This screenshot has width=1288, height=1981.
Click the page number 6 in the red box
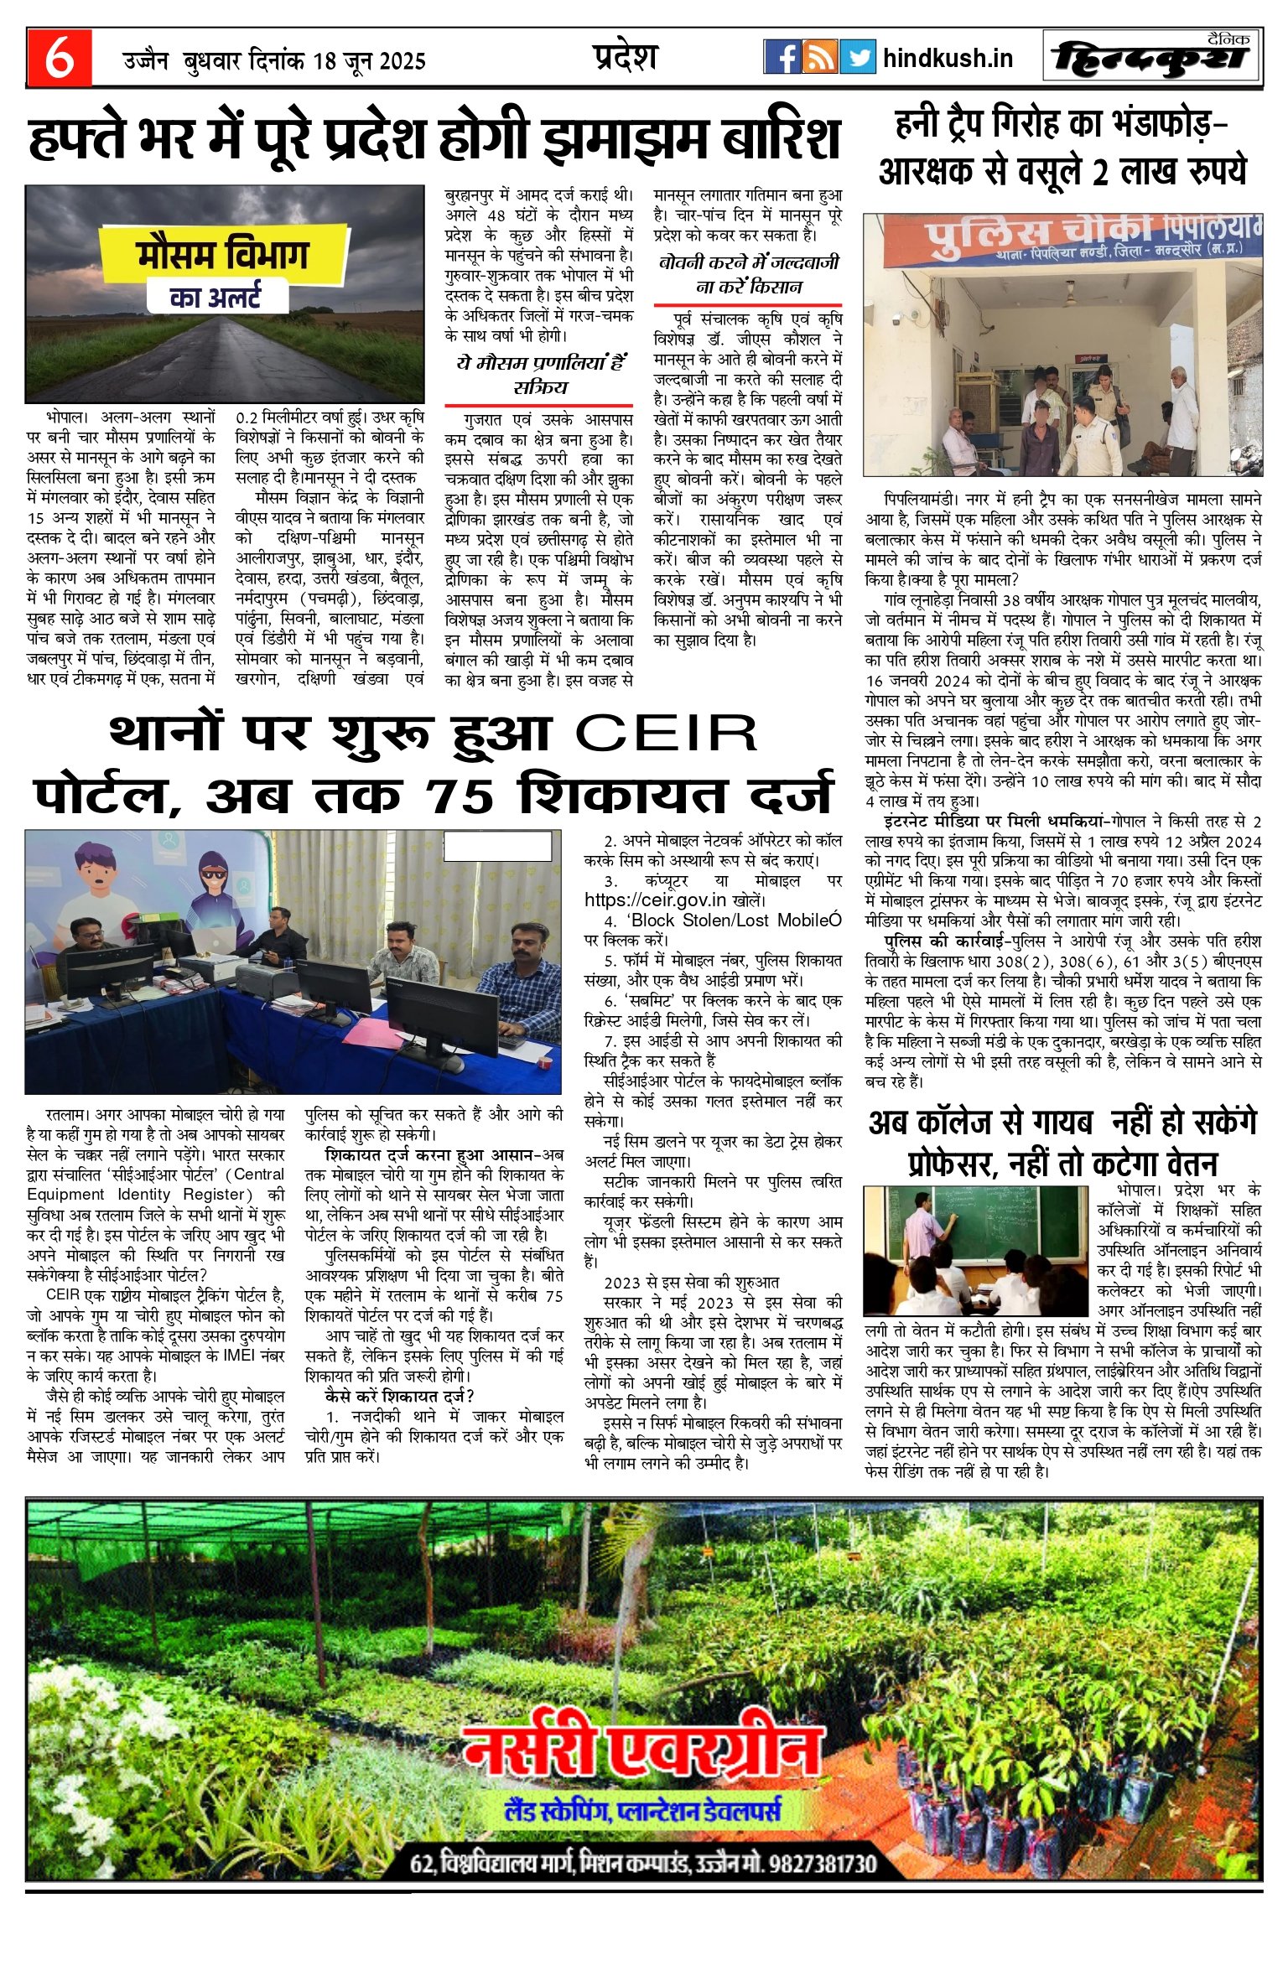pyautogui.click(x=59, y=58)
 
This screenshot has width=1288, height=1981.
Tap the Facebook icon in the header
pyautogui.click(x=782, y=57)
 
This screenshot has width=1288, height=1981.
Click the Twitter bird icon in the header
pyautogui.click(x=857, y=57)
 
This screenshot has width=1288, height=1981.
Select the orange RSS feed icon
pyautogui.click(x=819, y=57)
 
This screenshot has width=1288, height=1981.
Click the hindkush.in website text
pyautogui.click(x=948, y=58)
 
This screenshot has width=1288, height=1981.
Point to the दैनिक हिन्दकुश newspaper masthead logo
pyautogui.click(x=1152, y=59)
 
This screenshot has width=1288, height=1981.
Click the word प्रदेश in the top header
pyautogui.click(x=623, y=56)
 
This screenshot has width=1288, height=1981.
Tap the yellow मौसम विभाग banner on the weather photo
pyautogui.click(x=223, y=255)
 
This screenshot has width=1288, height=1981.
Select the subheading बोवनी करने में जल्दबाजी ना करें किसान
pyautogui.click(x=748, y=274)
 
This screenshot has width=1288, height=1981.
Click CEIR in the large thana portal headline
pyautogui.click(x=667, y=734)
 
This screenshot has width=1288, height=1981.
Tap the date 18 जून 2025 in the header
pyautogui.click(x=369, y=61)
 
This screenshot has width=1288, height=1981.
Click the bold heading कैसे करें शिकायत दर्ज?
pyautogui.click(x=399, y=1396)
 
